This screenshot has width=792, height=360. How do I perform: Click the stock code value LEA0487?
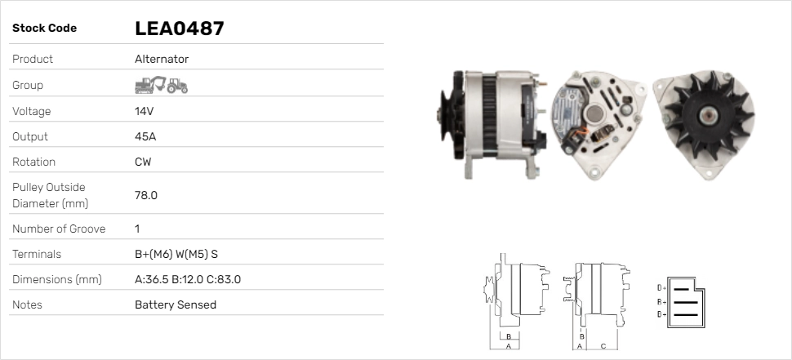coord(179,29)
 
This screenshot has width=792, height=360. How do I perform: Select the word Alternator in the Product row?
coord(162,59)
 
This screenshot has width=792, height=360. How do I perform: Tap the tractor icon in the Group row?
coord(177,85)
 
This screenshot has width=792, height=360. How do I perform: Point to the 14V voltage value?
coord(144,111)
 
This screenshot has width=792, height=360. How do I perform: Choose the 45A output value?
coord(145,136)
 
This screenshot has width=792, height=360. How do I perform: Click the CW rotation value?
coord(143,162)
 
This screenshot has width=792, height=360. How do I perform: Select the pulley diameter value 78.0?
coord(146,195)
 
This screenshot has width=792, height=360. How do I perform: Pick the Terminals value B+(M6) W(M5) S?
coord(176,254)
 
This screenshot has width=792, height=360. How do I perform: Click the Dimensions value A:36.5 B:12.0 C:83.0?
coord(187,279)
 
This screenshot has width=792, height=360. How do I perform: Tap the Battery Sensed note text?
coord(176,304)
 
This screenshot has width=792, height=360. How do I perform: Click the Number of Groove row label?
coord(59,229)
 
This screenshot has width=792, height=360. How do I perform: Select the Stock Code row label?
coord(44,28)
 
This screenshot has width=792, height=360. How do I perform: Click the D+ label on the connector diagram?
coord(661,288)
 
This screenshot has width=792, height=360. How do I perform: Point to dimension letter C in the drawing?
coord(603,345)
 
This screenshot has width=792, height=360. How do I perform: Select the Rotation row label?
coord(34,162)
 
